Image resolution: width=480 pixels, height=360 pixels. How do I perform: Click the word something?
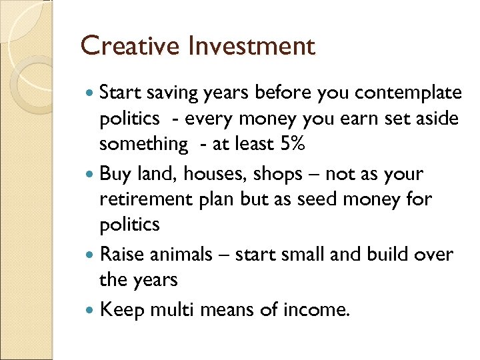[143, 144]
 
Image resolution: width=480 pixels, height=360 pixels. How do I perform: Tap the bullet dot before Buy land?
[91, 175]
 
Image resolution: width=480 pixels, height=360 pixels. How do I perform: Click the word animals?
[188, 255]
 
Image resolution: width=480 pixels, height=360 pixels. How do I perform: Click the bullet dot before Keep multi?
[91, 309]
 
